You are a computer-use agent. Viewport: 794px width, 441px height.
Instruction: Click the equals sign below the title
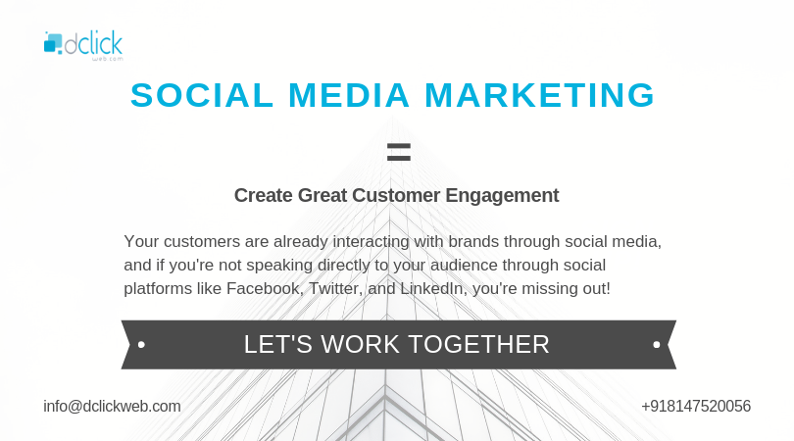tap(397, 151)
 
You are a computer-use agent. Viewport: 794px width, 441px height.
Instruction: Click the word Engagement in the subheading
tap(502, 195)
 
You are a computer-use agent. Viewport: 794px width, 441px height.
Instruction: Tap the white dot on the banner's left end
tap(142, 345)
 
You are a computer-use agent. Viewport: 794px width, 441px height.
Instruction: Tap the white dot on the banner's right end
tap(656, 345)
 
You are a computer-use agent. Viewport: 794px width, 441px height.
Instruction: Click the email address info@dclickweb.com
tap(112, 406)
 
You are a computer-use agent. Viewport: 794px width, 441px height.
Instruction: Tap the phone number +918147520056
tap(696, 406)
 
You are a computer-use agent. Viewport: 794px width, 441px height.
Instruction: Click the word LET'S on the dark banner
tap(272, 345)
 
